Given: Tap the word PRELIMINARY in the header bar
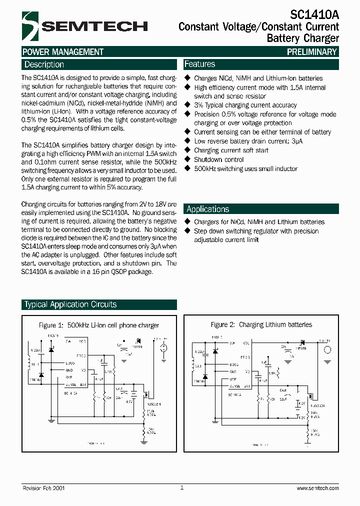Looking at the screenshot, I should (312, 52).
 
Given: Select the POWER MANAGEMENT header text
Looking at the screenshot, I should (63, 52).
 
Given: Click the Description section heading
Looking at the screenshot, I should (44, 64).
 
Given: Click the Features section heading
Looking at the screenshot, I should (199, 64).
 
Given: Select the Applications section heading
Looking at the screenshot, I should (207, 209).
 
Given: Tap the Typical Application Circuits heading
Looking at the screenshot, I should (70, 304).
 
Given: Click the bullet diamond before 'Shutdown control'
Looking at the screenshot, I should (188, 159).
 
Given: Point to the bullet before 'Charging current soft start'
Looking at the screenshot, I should (188, 150).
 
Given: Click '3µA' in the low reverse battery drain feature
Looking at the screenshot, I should (297, 141).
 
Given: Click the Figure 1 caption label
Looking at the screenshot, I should (99, 325).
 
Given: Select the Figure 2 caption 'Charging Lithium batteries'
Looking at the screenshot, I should (261, 325).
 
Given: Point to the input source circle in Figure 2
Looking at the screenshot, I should (327, 349).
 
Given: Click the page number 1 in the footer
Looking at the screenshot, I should (182, 487).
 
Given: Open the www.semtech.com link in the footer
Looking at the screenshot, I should (317, 488).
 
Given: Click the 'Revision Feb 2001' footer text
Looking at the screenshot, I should (43, 488).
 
